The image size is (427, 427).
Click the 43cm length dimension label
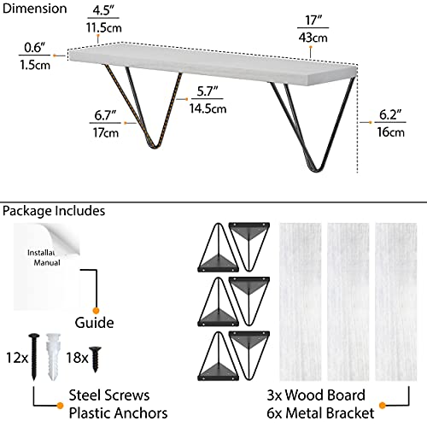click(313, 38)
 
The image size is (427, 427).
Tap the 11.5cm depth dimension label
click(104, 27)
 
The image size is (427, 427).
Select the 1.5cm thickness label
click(35, 65)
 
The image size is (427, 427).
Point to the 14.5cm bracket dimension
click(208, 108)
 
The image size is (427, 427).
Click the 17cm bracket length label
click(106, 132)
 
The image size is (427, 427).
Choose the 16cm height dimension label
click(390, 132)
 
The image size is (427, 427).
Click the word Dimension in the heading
click(34, 9)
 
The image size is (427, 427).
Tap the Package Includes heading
click(54, 211)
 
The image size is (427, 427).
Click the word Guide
click(94, 323)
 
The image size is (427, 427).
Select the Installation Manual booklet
click(47, 266)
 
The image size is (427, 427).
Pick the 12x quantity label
click(17, 358)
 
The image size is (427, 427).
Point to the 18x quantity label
click(77, 358)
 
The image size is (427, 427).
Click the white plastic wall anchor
click(54, 357)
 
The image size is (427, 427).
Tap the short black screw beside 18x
click(96, 360)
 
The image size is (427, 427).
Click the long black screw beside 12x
click(34, 357)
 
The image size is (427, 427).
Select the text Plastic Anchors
click(118, 413)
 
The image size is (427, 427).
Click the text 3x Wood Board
click(316, 395)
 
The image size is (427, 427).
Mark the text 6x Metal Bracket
click(320, 413)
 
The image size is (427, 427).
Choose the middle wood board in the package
click(348, 301)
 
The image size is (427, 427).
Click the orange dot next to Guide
click(96, 311)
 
